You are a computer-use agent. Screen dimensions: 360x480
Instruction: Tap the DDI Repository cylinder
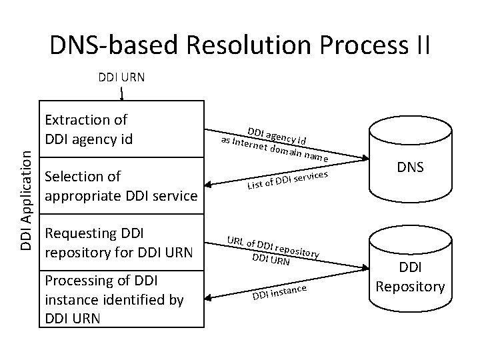[410, 273]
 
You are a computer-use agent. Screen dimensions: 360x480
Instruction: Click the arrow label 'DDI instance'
[279, 292]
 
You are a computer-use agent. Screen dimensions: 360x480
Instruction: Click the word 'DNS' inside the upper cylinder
[410, 167]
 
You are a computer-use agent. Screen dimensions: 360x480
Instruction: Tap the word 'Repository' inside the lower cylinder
[410, 287]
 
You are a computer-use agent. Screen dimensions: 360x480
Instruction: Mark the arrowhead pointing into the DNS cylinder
[366, 158]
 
